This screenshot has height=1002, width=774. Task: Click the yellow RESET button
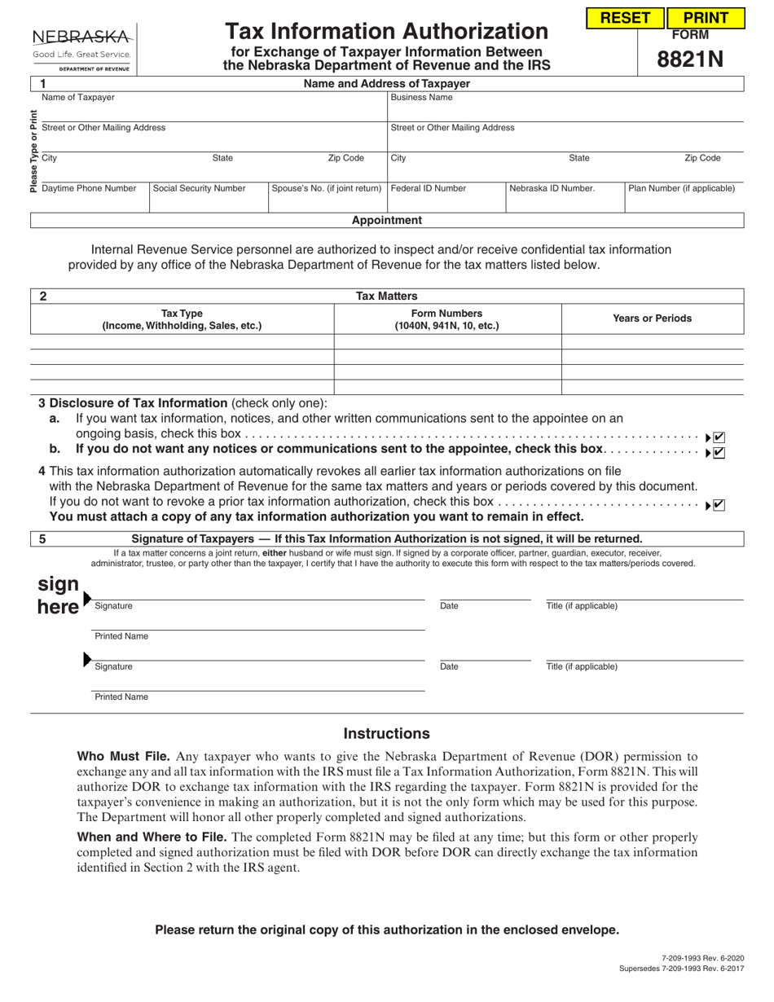(x=625, y=18)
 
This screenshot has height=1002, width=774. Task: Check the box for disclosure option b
(x=719, y=453)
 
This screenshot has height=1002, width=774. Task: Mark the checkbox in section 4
(x=719, y=505)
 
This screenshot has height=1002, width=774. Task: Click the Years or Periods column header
(x=652, y=319)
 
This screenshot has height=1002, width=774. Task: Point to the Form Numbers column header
(x=447, y=319)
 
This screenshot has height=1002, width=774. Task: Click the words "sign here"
(x=59, y=595)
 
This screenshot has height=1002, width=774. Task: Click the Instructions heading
(x=386, y=733)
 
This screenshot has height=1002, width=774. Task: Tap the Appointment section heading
(x=387, y=220)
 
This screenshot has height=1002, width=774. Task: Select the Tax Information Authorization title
(x=386, y=32)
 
